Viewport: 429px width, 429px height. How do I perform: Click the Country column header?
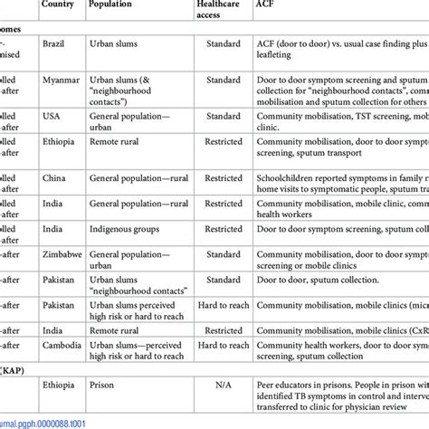click(58, 5)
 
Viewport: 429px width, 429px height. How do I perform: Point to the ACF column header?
click(269, 5)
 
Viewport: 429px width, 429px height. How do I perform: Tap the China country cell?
click(53, 179)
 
